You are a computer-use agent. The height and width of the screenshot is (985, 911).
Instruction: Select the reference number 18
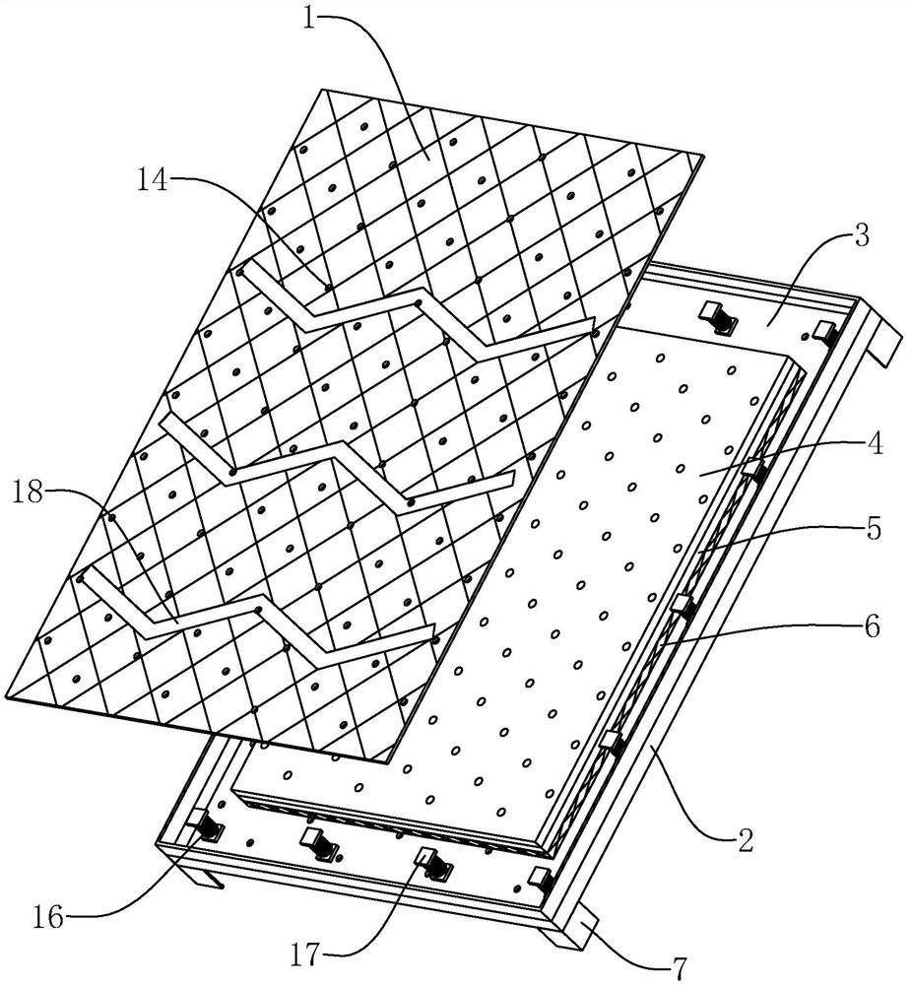[28, 492]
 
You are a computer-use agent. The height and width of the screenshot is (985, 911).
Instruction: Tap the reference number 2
[746, 840]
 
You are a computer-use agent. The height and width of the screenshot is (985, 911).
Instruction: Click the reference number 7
[681, 968]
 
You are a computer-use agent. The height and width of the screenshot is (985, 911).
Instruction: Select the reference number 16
[49, 918]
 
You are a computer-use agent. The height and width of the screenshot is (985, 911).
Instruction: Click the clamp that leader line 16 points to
[205, 825]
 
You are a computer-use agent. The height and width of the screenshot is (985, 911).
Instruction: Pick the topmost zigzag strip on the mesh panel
[415, 307]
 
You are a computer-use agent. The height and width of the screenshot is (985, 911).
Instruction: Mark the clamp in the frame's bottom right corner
[541, 880]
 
